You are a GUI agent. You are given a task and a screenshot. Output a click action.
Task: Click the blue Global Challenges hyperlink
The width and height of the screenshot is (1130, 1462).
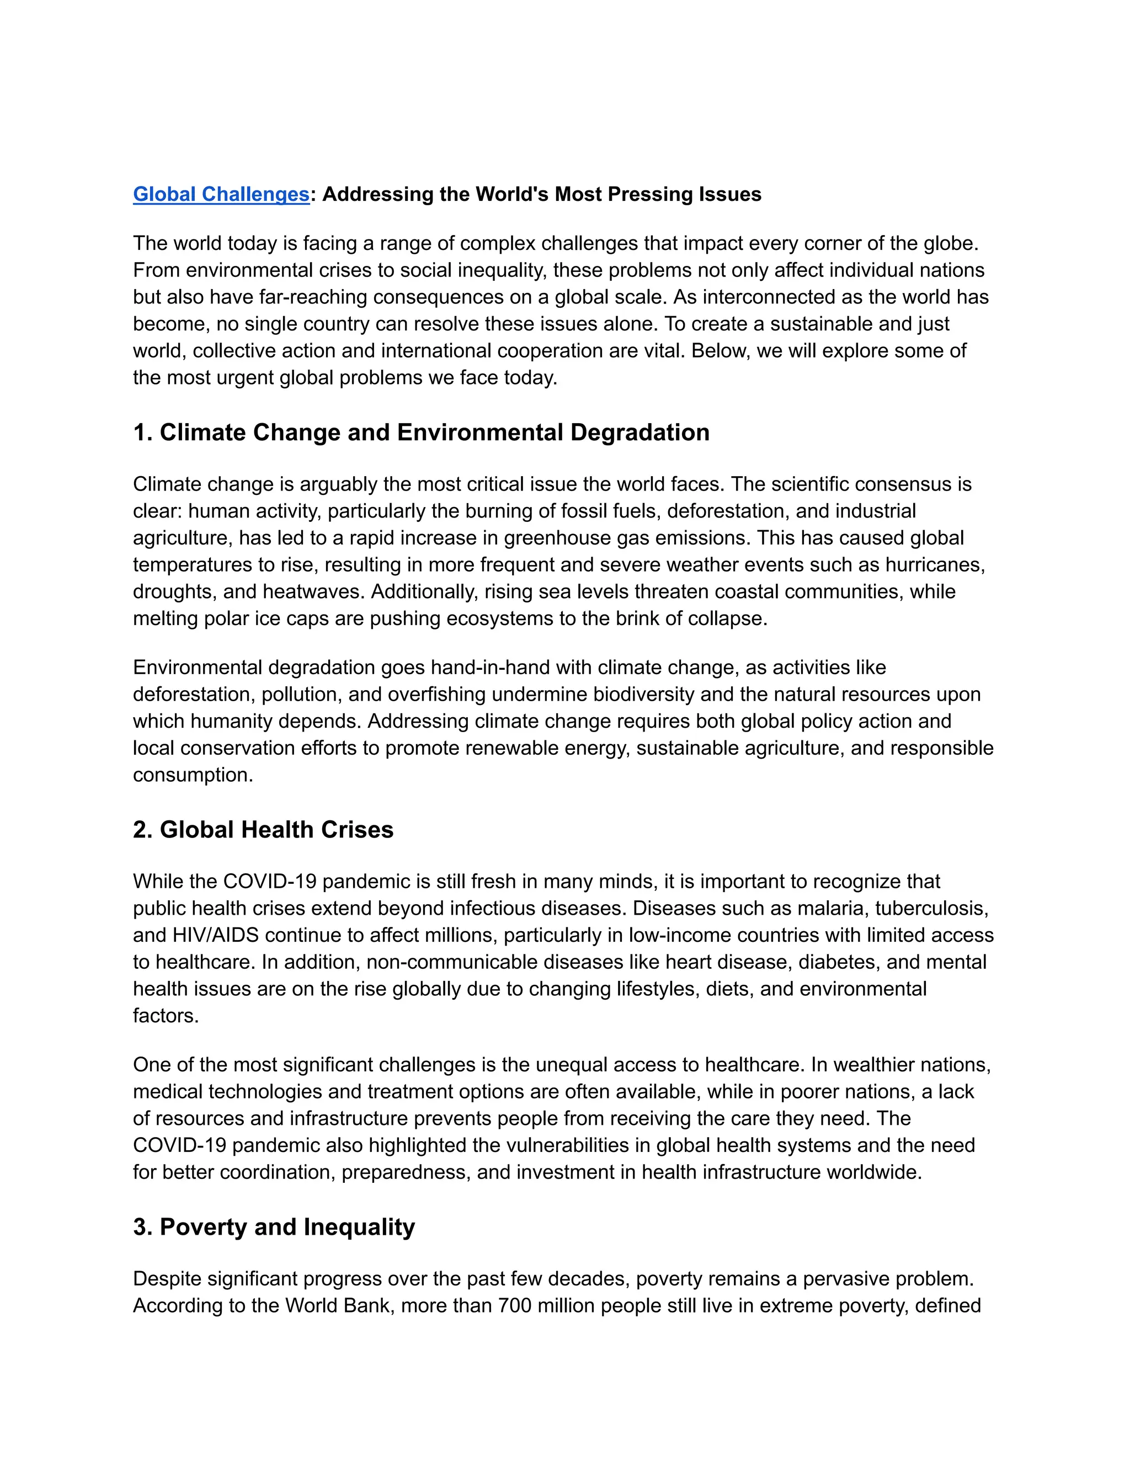coord(221,194)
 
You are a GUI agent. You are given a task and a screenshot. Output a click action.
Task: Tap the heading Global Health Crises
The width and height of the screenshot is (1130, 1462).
coord(276,829)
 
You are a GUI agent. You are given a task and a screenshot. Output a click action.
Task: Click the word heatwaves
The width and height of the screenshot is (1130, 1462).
coord(314,592)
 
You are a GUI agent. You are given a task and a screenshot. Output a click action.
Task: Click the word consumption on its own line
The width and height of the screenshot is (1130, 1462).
coord(192,775)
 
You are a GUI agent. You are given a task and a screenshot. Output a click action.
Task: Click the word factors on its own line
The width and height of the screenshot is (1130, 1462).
coord(166,1016)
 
